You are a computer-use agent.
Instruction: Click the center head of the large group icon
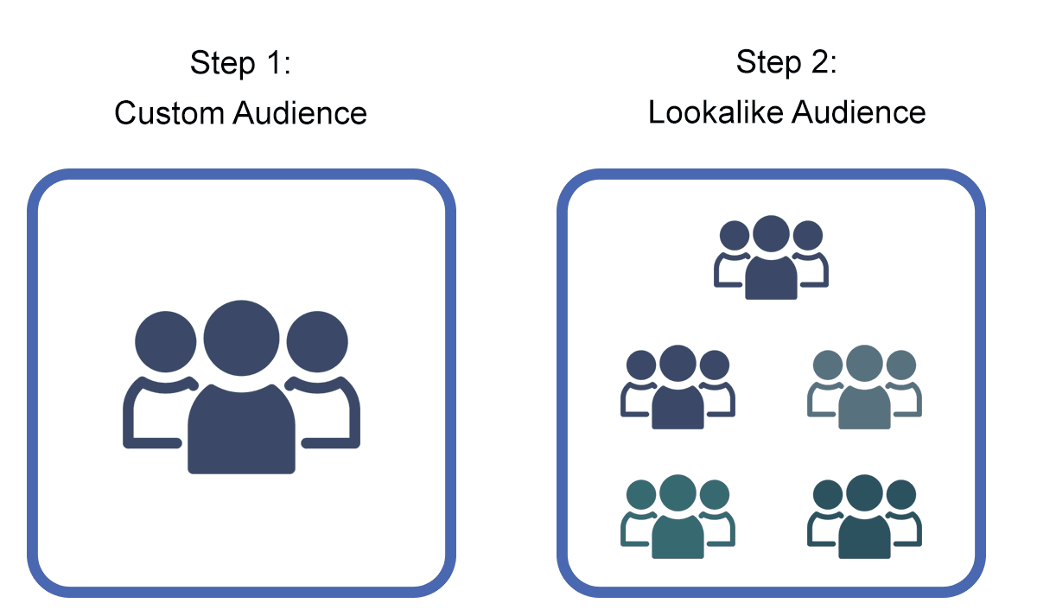coord(241,335)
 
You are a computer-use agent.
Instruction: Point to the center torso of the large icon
coord(241,429)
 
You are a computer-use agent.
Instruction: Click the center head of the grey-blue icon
coord(864,363)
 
